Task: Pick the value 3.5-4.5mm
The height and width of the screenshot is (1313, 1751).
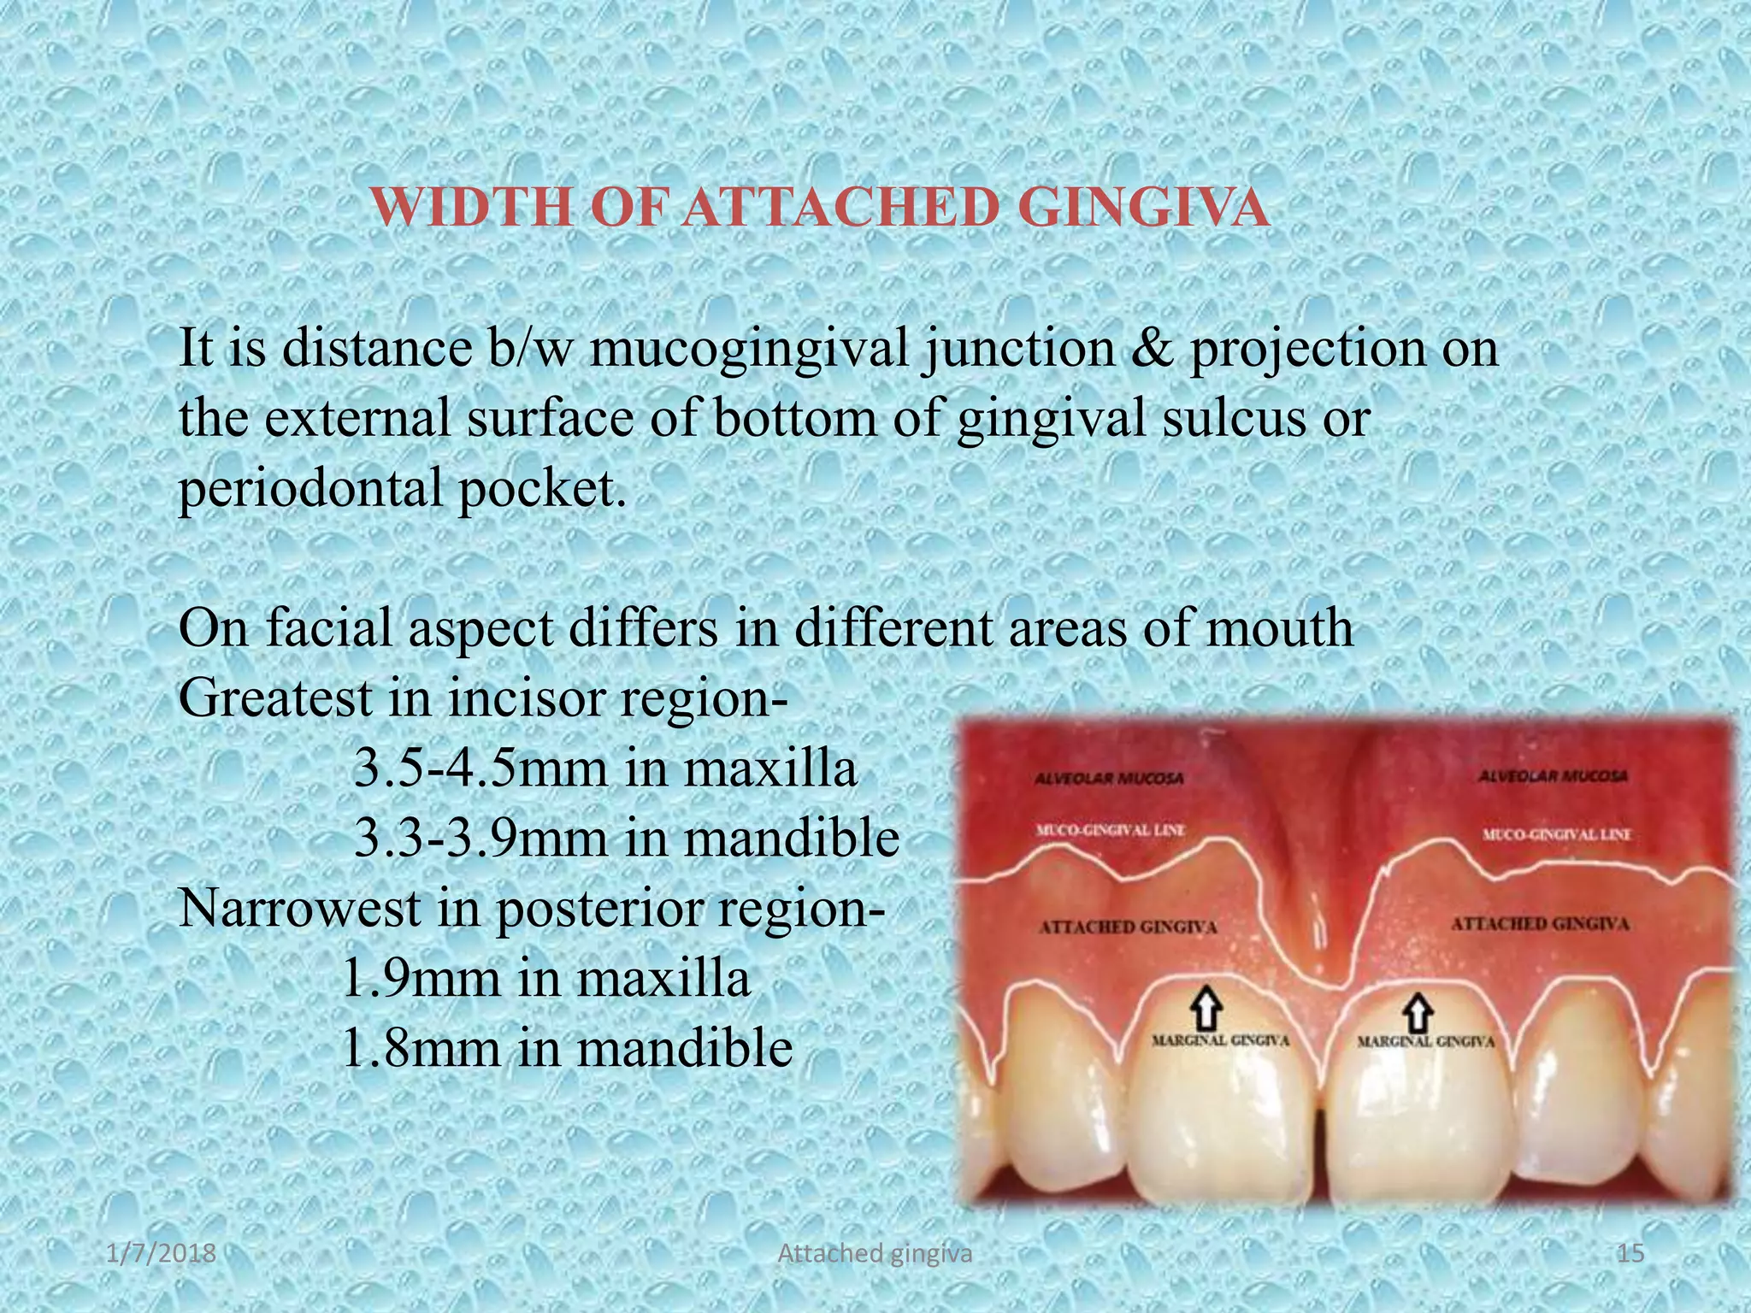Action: coord(480,768)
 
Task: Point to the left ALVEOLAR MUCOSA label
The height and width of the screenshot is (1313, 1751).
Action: coord(1109,779)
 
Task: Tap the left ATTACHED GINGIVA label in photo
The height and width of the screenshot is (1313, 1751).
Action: coord(1128,927)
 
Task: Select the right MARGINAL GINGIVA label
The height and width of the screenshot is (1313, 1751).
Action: coord(1425,1042)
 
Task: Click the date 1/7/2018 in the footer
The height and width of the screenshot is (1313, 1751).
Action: coord(162,1254)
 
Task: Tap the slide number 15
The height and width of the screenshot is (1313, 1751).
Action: coord(1631,1254)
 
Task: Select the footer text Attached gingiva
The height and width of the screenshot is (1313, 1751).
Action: coord(875,1254)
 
